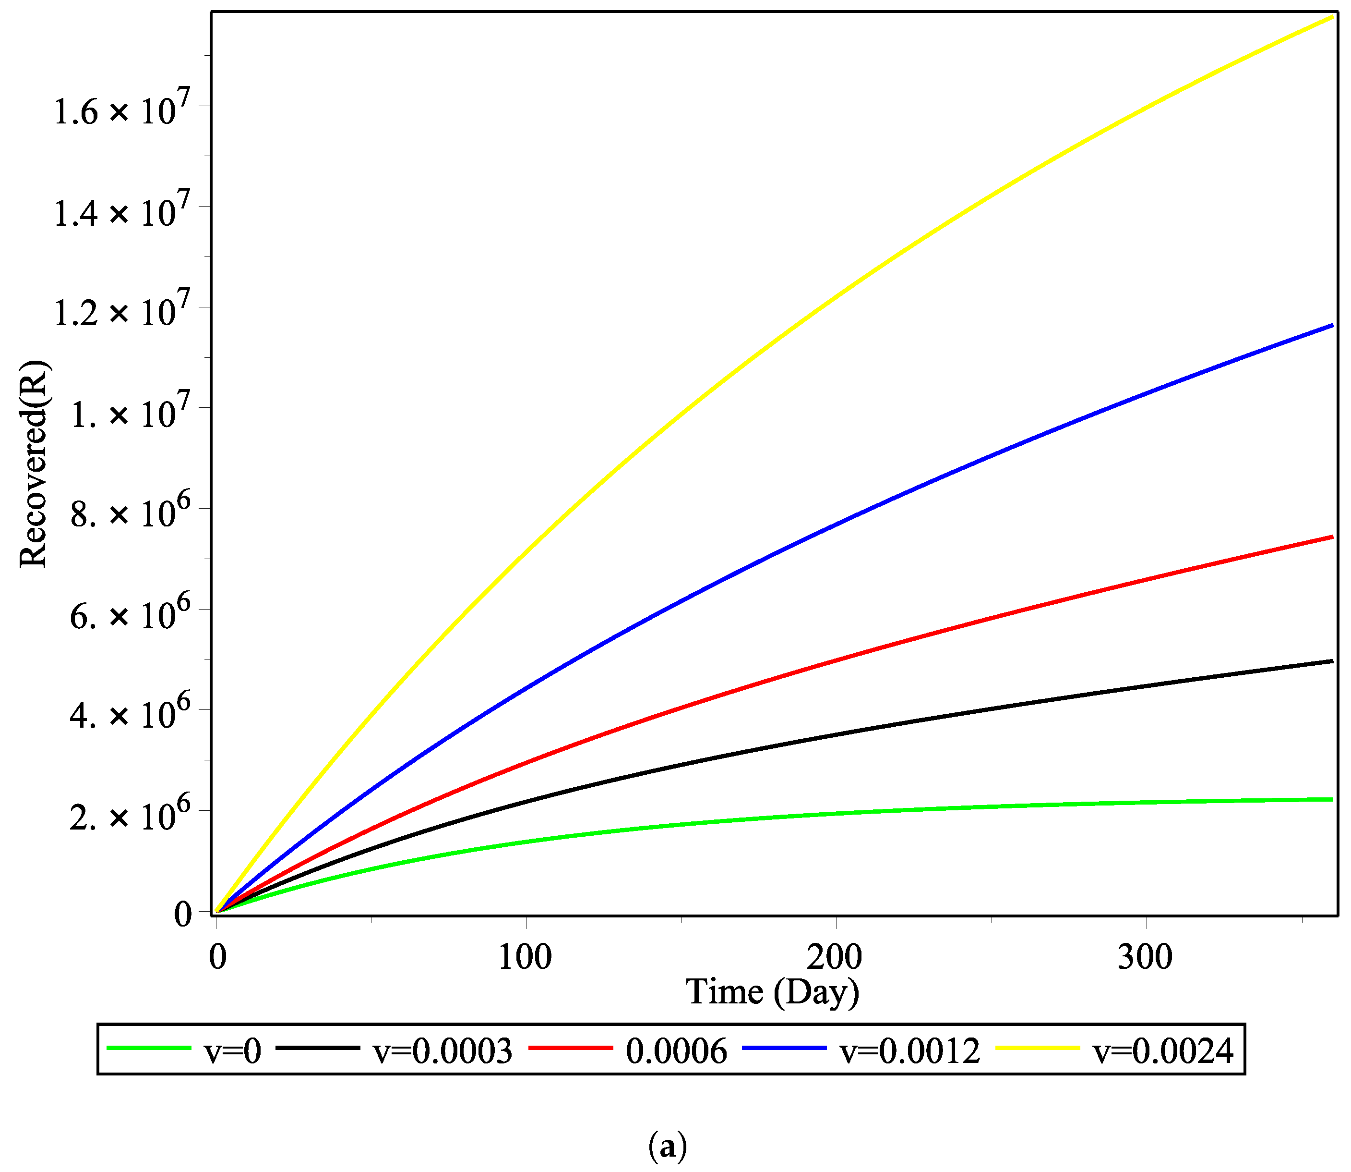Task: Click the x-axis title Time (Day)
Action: click(x=773, y=993)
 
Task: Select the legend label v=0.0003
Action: click(x=442, y=1051)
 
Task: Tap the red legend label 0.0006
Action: click(x=676, y=1051)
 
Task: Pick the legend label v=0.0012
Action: click(x=910, y=1051)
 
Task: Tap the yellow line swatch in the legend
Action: click(x=1038, y=1049)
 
